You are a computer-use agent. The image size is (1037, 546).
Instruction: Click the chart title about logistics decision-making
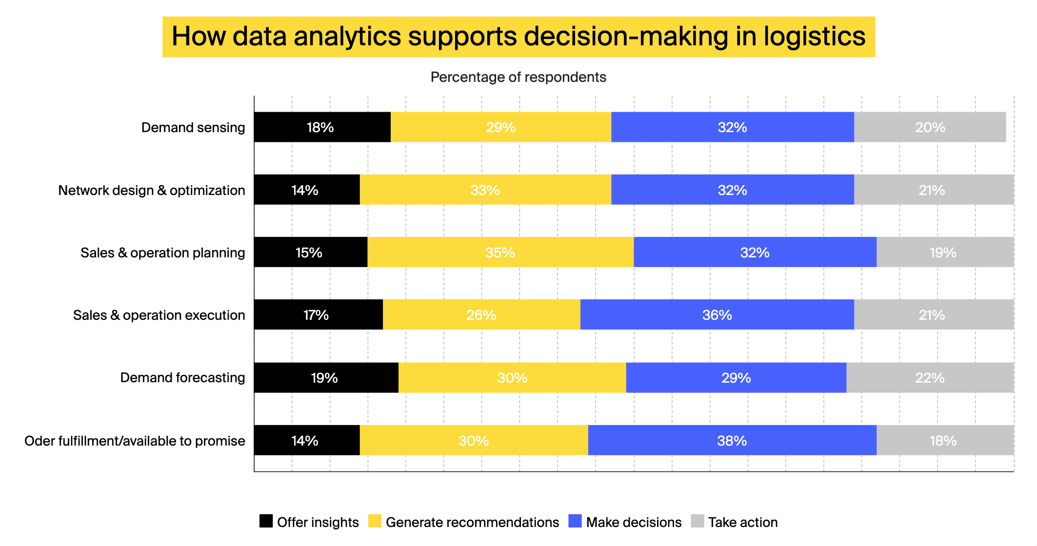click(518, 37)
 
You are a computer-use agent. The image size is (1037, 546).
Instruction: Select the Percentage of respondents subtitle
click(518, 77)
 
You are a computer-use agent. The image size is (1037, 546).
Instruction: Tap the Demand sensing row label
click(193, 127)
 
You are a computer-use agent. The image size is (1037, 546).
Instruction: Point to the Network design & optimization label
click(152, 190)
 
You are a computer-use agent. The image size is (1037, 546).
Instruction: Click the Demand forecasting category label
click(182, 378)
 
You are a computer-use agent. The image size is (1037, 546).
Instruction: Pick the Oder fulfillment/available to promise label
click(135, 441)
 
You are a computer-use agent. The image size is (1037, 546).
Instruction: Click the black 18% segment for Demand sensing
click(322, 127)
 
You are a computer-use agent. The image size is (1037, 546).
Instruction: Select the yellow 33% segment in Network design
click(485, 190)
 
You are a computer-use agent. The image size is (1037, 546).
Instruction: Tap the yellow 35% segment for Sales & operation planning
click(500, 253)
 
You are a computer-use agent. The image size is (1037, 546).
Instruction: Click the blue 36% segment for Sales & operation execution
click(717, 315)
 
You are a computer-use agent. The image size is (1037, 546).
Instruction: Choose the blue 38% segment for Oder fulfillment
click(732, 441)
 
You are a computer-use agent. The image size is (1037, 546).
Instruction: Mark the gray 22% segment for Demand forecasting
click(930, 378)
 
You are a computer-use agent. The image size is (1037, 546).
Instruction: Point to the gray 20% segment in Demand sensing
click(930, 127)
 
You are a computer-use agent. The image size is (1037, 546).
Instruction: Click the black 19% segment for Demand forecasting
click(326, 378)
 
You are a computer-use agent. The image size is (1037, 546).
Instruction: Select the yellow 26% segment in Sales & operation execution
click(481, 315)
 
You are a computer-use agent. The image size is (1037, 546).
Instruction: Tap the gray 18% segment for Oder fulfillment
click(944, 441)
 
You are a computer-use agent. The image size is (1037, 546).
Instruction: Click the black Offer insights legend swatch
click(266, 521)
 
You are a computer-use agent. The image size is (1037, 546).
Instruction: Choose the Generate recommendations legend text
click(472, 522)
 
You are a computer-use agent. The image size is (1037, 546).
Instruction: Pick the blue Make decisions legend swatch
click(575, 521)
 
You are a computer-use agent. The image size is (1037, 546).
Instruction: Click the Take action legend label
click(742, 522)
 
